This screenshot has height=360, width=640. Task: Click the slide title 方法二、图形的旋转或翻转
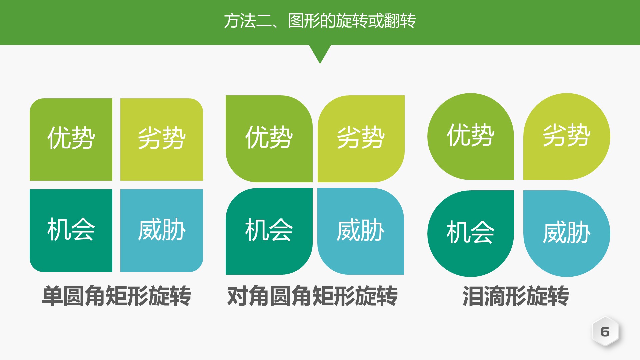pos(320,21)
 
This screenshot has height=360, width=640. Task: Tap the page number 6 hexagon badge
pos(605,332)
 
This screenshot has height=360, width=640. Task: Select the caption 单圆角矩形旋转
pos(116,296)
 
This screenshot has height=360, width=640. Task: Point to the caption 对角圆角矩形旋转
pos(312,296)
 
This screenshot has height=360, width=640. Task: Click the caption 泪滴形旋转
pos(516,296)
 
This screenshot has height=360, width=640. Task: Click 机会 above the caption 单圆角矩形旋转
pos(71,230)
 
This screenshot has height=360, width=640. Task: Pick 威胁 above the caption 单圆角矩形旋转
pos(162,230)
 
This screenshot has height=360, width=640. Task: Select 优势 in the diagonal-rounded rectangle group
pos(269,138)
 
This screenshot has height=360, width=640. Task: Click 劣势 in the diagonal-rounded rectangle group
pos(361,138)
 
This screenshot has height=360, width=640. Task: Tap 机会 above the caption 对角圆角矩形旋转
pos(269,230)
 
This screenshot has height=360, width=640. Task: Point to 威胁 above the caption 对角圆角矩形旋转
pos(361,230)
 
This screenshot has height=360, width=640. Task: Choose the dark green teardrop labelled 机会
pos(470,233)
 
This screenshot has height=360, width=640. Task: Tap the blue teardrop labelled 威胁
pos(567,233)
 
